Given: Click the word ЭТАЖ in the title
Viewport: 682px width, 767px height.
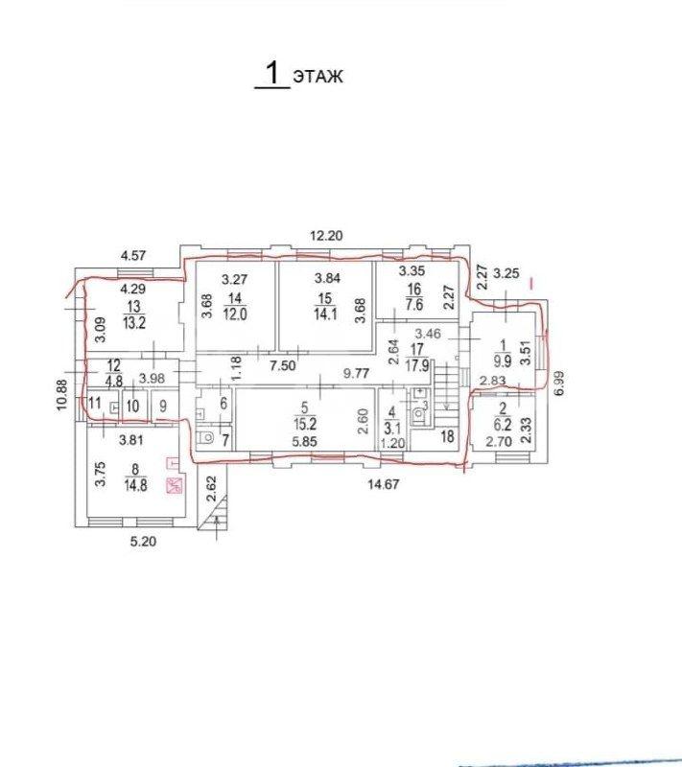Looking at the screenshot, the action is pyautogui.click(x=318, y=77).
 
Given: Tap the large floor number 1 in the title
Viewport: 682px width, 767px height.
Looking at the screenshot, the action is pyautogui.click(x=272, y=73).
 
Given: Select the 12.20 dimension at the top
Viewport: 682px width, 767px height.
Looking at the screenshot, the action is pyautogui.click(x=326, y=236).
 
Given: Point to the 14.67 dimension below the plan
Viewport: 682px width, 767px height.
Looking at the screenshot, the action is pyautogui.click(x=384, y=484).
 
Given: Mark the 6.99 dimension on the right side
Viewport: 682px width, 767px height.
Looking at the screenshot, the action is pyautogui.click(x=559, y=383).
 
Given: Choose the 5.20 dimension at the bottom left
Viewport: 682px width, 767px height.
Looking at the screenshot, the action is pyautogui.click(x=143, y=542).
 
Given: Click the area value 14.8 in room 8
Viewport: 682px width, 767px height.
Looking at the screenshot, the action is pyautogui.click(x=135, y=486).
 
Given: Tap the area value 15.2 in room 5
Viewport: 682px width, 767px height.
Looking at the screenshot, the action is pyautogui.click(x=305, y=423).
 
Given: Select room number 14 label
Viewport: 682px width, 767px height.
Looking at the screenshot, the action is pyautogui.click(x=235, y=298).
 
